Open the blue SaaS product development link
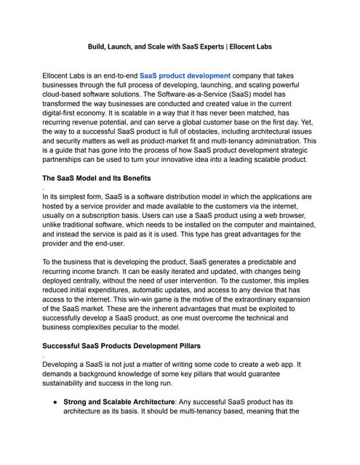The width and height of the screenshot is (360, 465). [185, 75]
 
